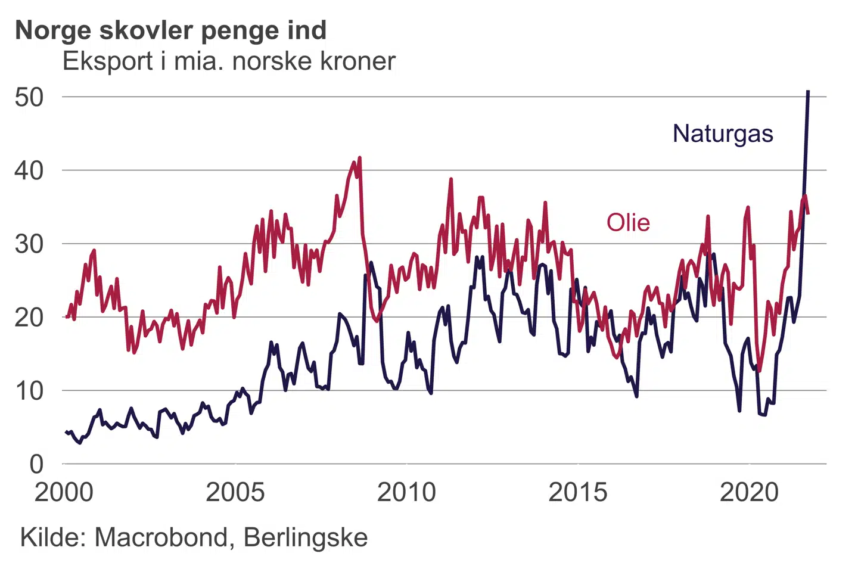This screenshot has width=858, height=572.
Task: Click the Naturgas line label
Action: pyautogui.click(x=722, y=133)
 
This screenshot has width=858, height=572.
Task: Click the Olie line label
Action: pyautogui.click(x=628, y=223)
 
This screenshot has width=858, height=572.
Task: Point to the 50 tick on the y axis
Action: pyautogui.click(x=29, y=97)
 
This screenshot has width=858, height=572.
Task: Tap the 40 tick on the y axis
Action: pyautogui.click(x=29, y=171)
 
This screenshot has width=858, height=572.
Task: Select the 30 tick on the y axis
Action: pyautogui.click(x=29, y=244)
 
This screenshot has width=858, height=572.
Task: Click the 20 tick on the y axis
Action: pyautogui.click(x=29, y=318)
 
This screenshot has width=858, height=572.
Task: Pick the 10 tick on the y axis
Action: pyautogui.click(x=29, y=391)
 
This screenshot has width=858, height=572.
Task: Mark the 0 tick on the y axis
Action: pyautogui.click(x=37, y=464)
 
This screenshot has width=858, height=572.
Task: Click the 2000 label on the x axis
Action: pyautogui.click(x=64, y=493)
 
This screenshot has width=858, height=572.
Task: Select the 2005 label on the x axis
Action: pyautogui.click(x=235, y=493)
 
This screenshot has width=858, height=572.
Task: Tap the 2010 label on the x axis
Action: pyautogui.click(x=407, y=493)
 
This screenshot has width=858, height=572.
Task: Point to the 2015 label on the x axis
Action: pyautogui.click(x=578, y=493)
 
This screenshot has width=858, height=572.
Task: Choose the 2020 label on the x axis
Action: pyautogui.click(x=750, y=493)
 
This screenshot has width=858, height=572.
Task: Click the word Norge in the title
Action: pyautogui.click(x=52, y=31)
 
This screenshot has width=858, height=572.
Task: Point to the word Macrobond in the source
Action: pyautogui.click(x=161, y=537)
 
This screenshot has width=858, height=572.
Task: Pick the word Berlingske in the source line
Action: pyautogui.click(x=306, y=537)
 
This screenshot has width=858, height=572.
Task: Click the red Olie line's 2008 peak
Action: pyautogui.click(x=359, y=158)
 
